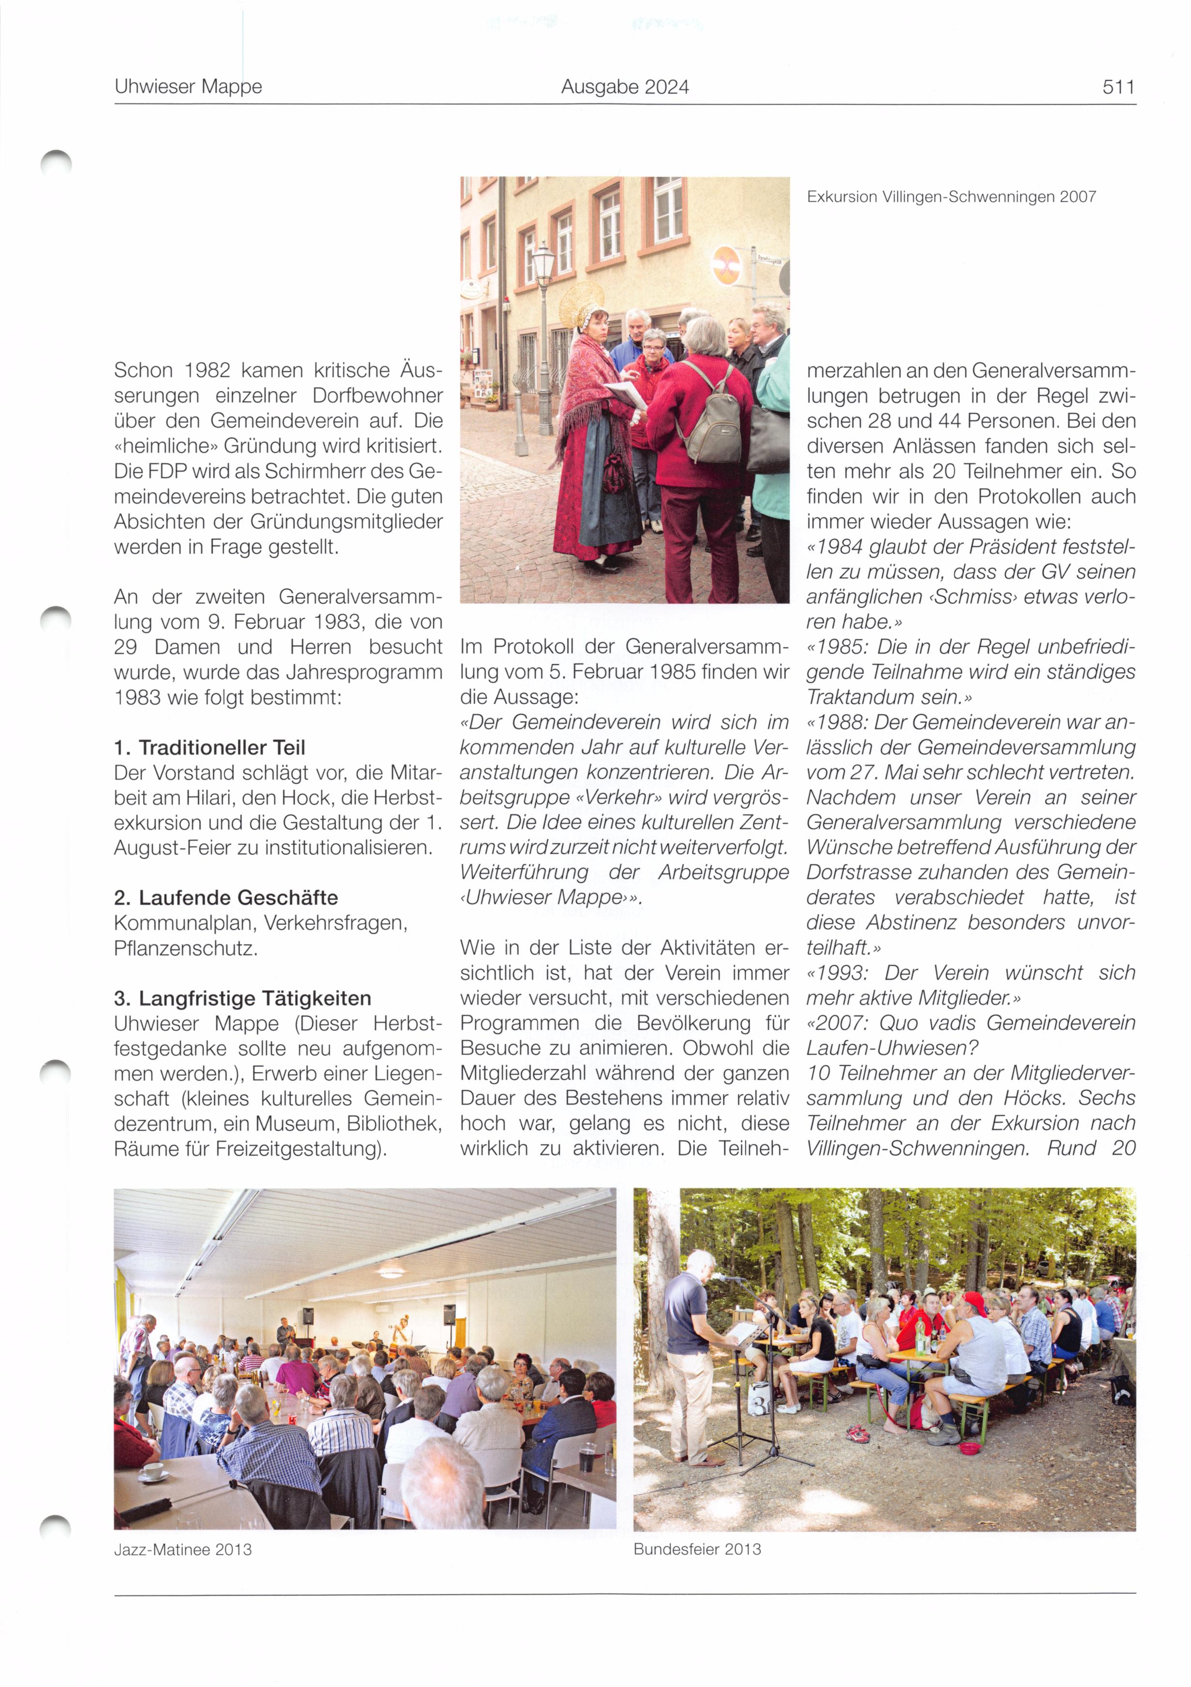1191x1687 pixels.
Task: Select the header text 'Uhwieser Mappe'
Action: [188, 88]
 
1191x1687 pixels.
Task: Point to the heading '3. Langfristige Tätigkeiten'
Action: [242, 999]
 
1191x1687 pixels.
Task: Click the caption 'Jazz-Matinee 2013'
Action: [183, 1550]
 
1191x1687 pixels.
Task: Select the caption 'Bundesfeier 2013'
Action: [696, 1549]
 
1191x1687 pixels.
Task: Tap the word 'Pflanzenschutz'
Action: [184, 948]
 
